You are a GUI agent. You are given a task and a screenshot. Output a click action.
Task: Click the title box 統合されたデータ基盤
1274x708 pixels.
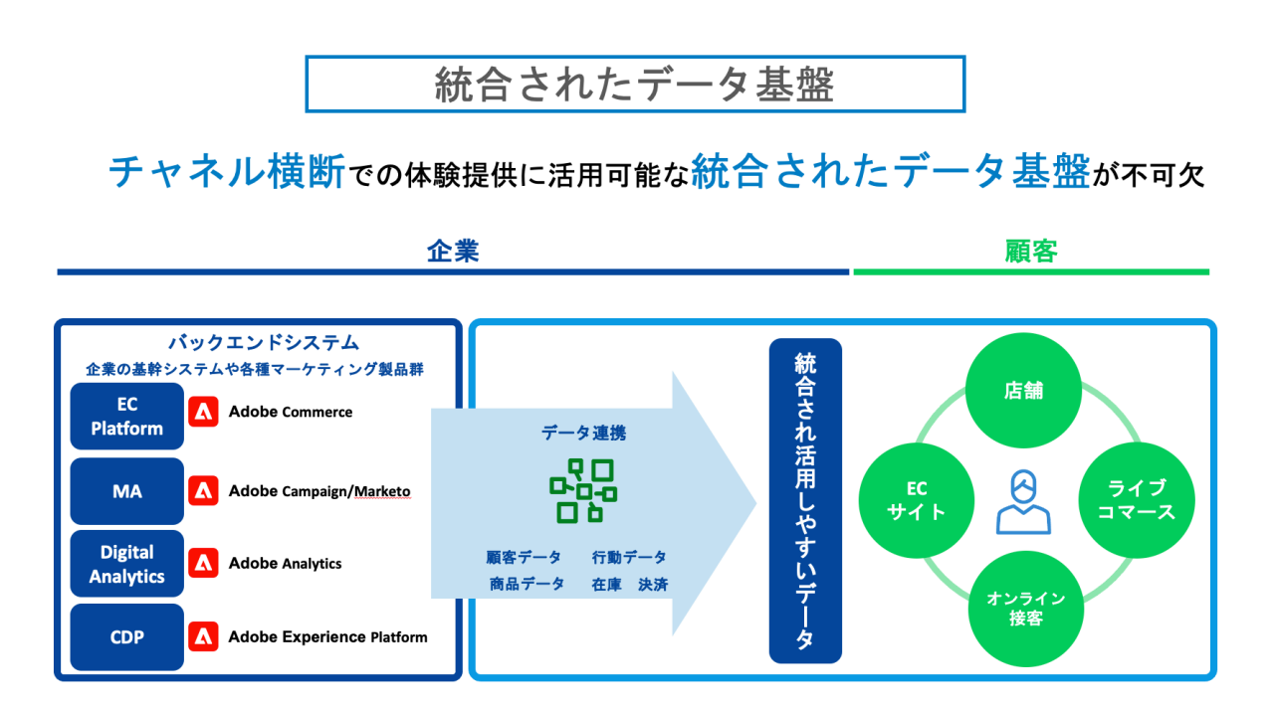634,85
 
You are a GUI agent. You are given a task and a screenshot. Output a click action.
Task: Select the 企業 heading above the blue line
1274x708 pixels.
453,252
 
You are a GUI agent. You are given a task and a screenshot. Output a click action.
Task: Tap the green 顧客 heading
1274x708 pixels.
1030,252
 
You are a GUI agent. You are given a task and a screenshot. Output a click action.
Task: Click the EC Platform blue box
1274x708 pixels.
127,417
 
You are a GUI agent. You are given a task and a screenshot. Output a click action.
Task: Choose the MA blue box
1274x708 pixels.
127,491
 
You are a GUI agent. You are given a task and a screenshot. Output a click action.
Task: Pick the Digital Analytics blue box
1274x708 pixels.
127,564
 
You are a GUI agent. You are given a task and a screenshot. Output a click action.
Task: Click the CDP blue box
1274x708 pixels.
127,637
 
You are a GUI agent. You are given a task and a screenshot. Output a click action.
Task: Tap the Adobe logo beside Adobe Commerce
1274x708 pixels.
204,412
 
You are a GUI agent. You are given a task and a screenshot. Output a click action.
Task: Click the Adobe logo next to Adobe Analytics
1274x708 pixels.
204,564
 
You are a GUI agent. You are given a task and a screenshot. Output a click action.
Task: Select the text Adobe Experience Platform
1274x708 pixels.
327,637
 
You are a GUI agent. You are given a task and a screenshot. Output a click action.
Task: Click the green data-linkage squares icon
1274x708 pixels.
582,490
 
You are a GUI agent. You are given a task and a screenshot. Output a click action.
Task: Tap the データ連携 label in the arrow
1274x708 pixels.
583,434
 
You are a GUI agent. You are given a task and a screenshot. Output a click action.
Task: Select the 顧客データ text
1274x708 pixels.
524,558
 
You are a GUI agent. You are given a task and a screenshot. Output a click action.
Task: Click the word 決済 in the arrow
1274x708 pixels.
653,585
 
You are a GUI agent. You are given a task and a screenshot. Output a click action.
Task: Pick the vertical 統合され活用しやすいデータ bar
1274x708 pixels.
805,500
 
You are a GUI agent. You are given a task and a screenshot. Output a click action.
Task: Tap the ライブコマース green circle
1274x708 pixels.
1136,500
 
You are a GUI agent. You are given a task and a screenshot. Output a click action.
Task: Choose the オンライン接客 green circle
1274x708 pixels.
1025,609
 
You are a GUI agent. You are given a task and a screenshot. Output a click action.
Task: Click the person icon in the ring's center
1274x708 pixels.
1024,502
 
